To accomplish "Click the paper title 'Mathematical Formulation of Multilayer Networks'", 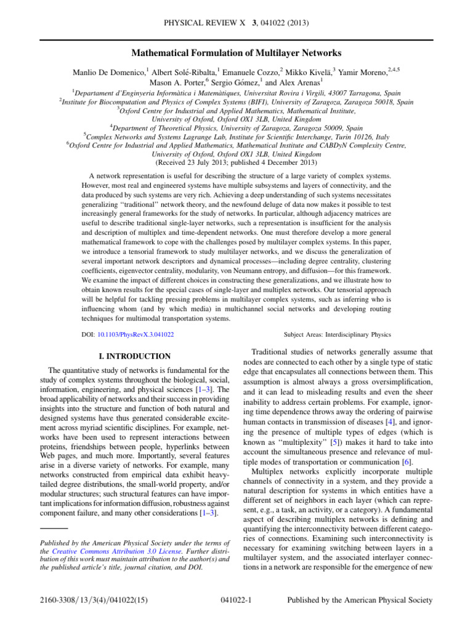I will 236,54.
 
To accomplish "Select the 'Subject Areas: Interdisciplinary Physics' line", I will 337,335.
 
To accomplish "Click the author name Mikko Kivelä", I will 310,71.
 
